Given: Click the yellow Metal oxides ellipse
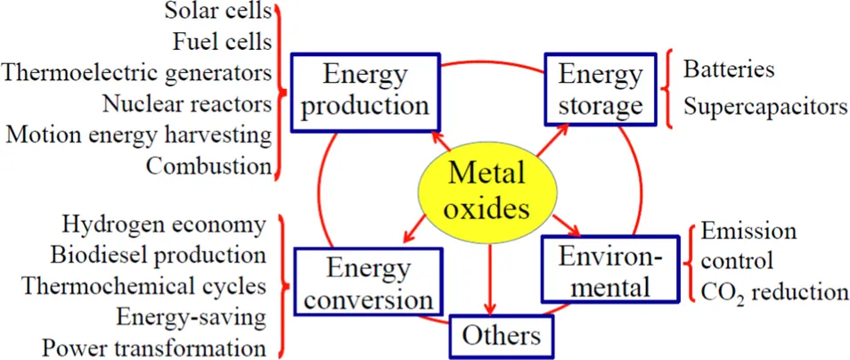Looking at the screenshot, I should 487,190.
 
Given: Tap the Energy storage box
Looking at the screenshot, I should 601,90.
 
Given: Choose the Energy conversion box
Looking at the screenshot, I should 366,282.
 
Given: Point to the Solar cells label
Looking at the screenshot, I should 217,12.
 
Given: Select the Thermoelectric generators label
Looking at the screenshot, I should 137,72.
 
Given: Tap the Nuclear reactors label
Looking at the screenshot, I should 186,103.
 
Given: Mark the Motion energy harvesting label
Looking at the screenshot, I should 138,135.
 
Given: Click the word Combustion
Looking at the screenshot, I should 208,165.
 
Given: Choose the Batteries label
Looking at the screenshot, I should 728,69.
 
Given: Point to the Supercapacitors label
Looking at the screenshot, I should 765,106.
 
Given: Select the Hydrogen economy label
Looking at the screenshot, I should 164,225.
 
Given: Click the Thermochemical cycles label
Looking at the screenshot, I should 143,286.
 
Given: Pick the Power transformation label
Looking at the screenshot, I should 153,347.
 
